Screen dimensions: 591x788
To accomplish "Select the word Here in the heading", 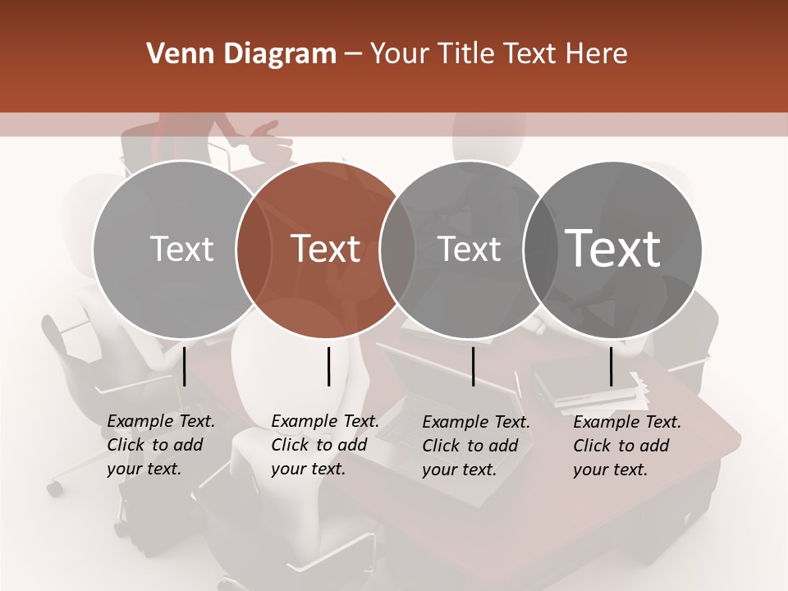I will point(598,54).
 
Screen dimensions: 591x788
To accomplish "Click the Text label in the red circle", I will point(326,249).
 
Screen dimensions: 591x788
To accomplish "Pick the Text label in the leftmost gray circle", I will point(182,249).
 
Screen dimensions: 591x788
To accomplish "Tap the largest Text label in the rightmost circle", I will point(613,248).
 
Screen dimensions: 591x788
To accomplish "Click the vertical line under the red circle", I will point(328,366).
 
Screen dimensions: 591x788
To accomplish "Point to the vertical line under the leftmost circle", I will point(185,366).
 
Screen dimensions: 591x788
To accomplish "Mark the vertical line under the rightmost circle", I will point(611,366).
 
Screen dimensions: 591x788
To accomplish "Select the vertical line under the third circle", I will point(473,366).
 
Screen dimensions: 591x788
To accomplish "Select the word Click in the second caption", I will point(290,445).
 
